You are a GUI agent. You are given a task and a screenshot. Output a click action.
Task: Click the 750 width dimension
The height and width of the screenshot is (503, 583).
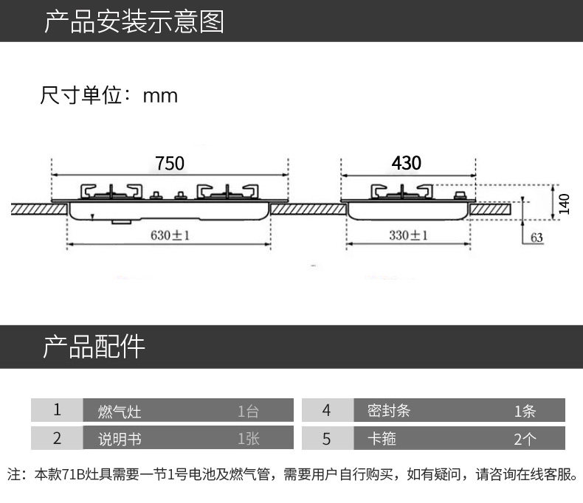(x=169, y=163)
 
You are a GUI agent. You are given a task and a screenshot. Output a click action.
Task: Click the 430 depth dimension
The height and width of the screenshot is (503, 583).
(x=407, y=163)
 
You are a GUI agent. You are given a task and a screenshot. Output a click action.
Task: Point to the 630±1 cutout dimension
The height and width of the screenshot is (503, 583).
(x=170, y=236)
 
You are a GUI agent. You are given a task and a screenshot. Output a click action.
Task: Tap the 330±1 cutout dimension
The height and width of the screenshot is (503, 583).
(x=409, y=236)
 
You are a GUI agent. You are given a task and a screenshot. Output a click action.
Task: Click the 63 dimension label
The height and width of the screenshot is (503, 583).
(x=536, y=237)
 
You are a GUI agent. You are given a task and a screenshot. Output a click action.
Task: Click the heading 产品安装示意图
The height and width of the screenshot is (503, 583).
(x=134, y=22)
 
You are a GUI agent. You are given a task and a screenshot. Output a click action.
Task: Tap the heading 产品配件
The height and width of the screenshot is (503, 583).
(x=94, y=346)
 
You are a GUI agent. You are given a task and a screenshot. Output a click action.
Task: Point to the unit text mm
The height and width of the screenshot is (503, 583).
(x=160, y=96)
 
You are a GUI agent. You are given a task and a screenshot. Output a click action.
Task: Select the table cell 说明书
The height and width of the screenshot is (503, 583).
(x=119, y=440)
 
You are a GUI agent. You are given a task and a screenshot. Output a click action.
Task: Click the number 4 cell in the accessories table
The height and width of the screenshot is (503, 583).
(x=326, y=410)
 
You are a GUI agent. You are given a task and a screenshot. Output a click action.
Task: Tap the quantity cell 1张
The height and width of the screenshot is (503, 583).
(x=248, y=440)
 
